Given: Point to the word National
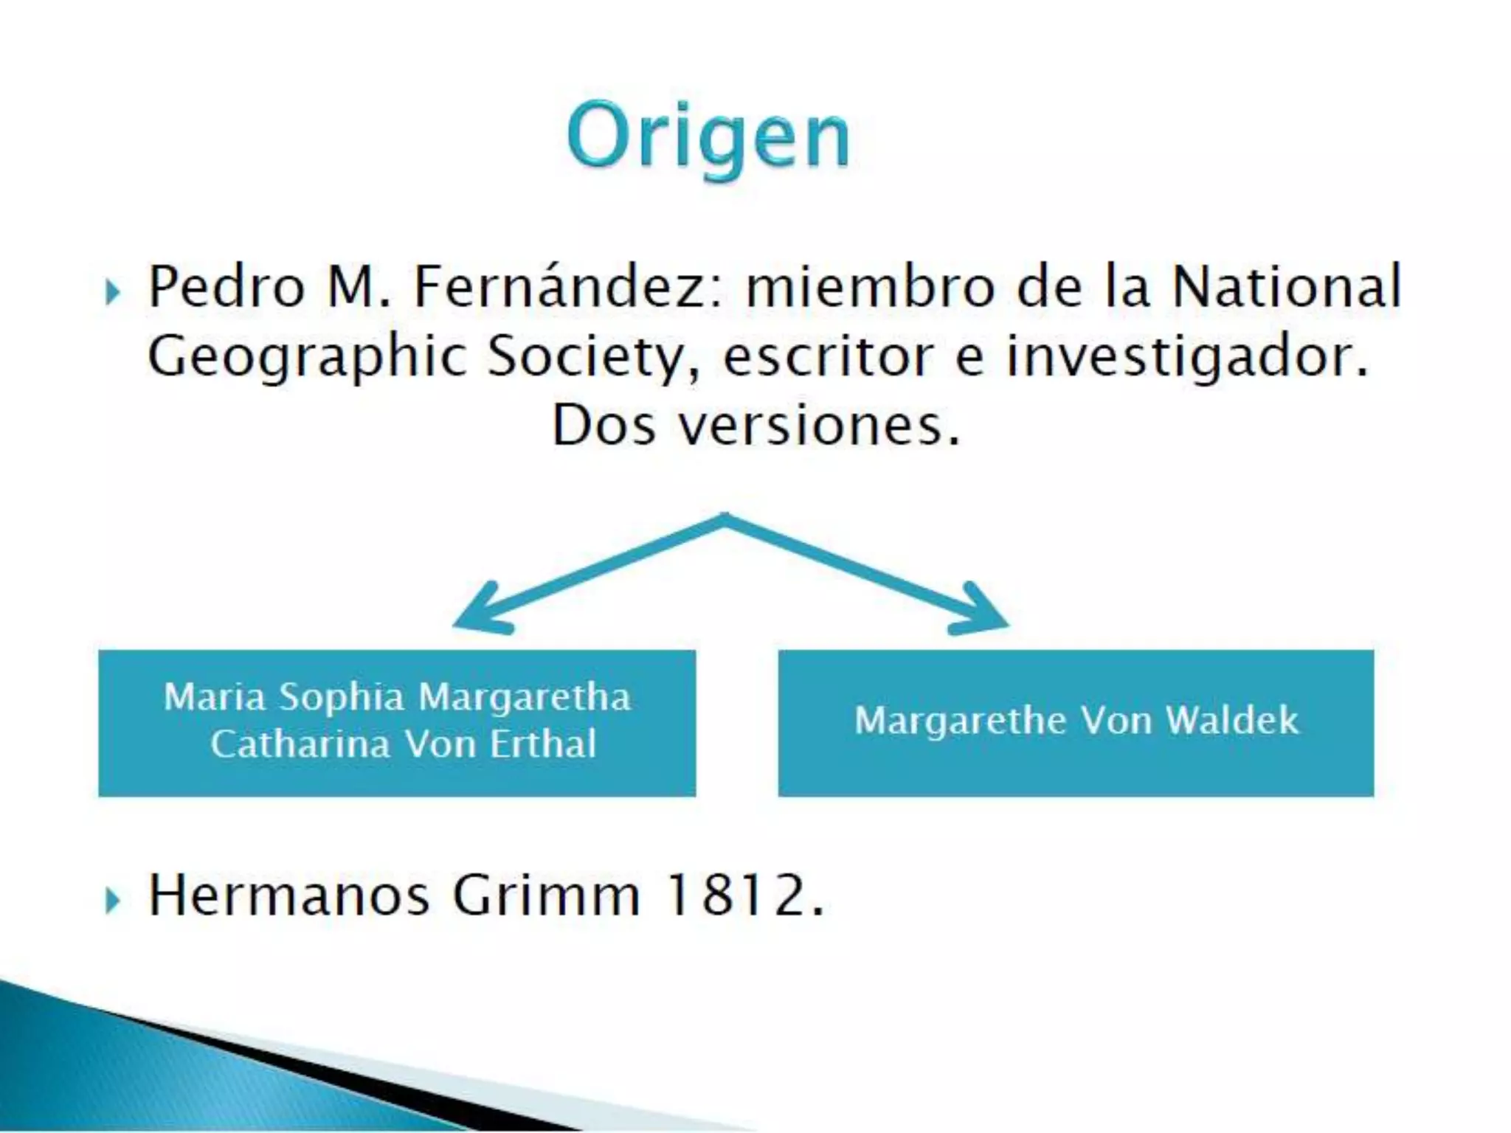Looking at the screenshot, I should point(1287,287).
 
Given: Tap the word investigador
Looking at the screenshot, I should point(1187,357).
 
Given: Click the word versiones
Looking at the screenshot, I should point(819,426).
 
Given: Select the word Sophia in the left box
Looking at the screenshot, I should point(342,697).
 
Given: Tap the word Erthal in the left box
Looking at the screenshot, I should point(543,744).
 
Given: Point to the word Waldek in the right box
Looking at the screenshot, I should point(1231,720).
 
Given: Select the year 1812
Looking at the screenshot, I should point(743,895).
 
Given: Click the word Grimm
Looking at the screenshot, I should point(546,895).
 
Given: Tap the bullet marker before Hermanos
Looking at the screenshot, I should point(112,900).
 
